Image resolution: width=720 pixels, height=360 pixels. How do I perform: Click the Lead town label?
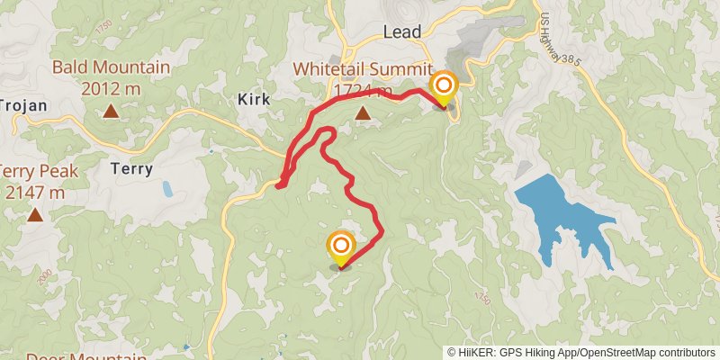pyautogui.click(x=402, y=31)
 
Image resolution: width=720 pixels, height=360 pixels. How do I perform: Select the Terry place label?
pyautogui.click(x=131, y=168)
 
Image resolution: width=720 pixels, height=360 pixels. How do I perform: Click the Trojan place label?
pyautogui.click(x=22, y=105)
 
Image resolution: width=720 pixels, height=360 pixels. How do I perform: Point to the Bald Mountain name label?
pyautogui.click(x=111, y=67)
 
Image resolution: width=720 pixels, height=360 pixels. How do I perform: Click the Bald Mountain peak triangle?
pyautogui.click(x=110, y=111)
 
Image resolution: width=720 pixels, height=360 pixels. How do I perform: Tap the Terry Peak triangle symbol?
pyautogui.click(x=35, y=214)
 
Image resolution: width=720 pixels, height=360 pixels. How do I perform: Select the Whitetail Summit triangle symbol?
pyautogui.click(x=363, y=113)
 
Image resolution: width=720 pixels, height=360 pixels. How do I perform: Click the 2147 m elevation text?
pyautogui.click(x=35, y=192)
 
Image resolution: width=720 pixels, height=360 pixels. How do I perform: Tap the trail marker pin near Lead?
pyautogui.click(x=443, y=88)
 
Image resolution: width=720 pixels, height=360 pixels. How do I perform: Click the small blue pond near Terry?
pyautogui.click(x=168, y=189)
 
